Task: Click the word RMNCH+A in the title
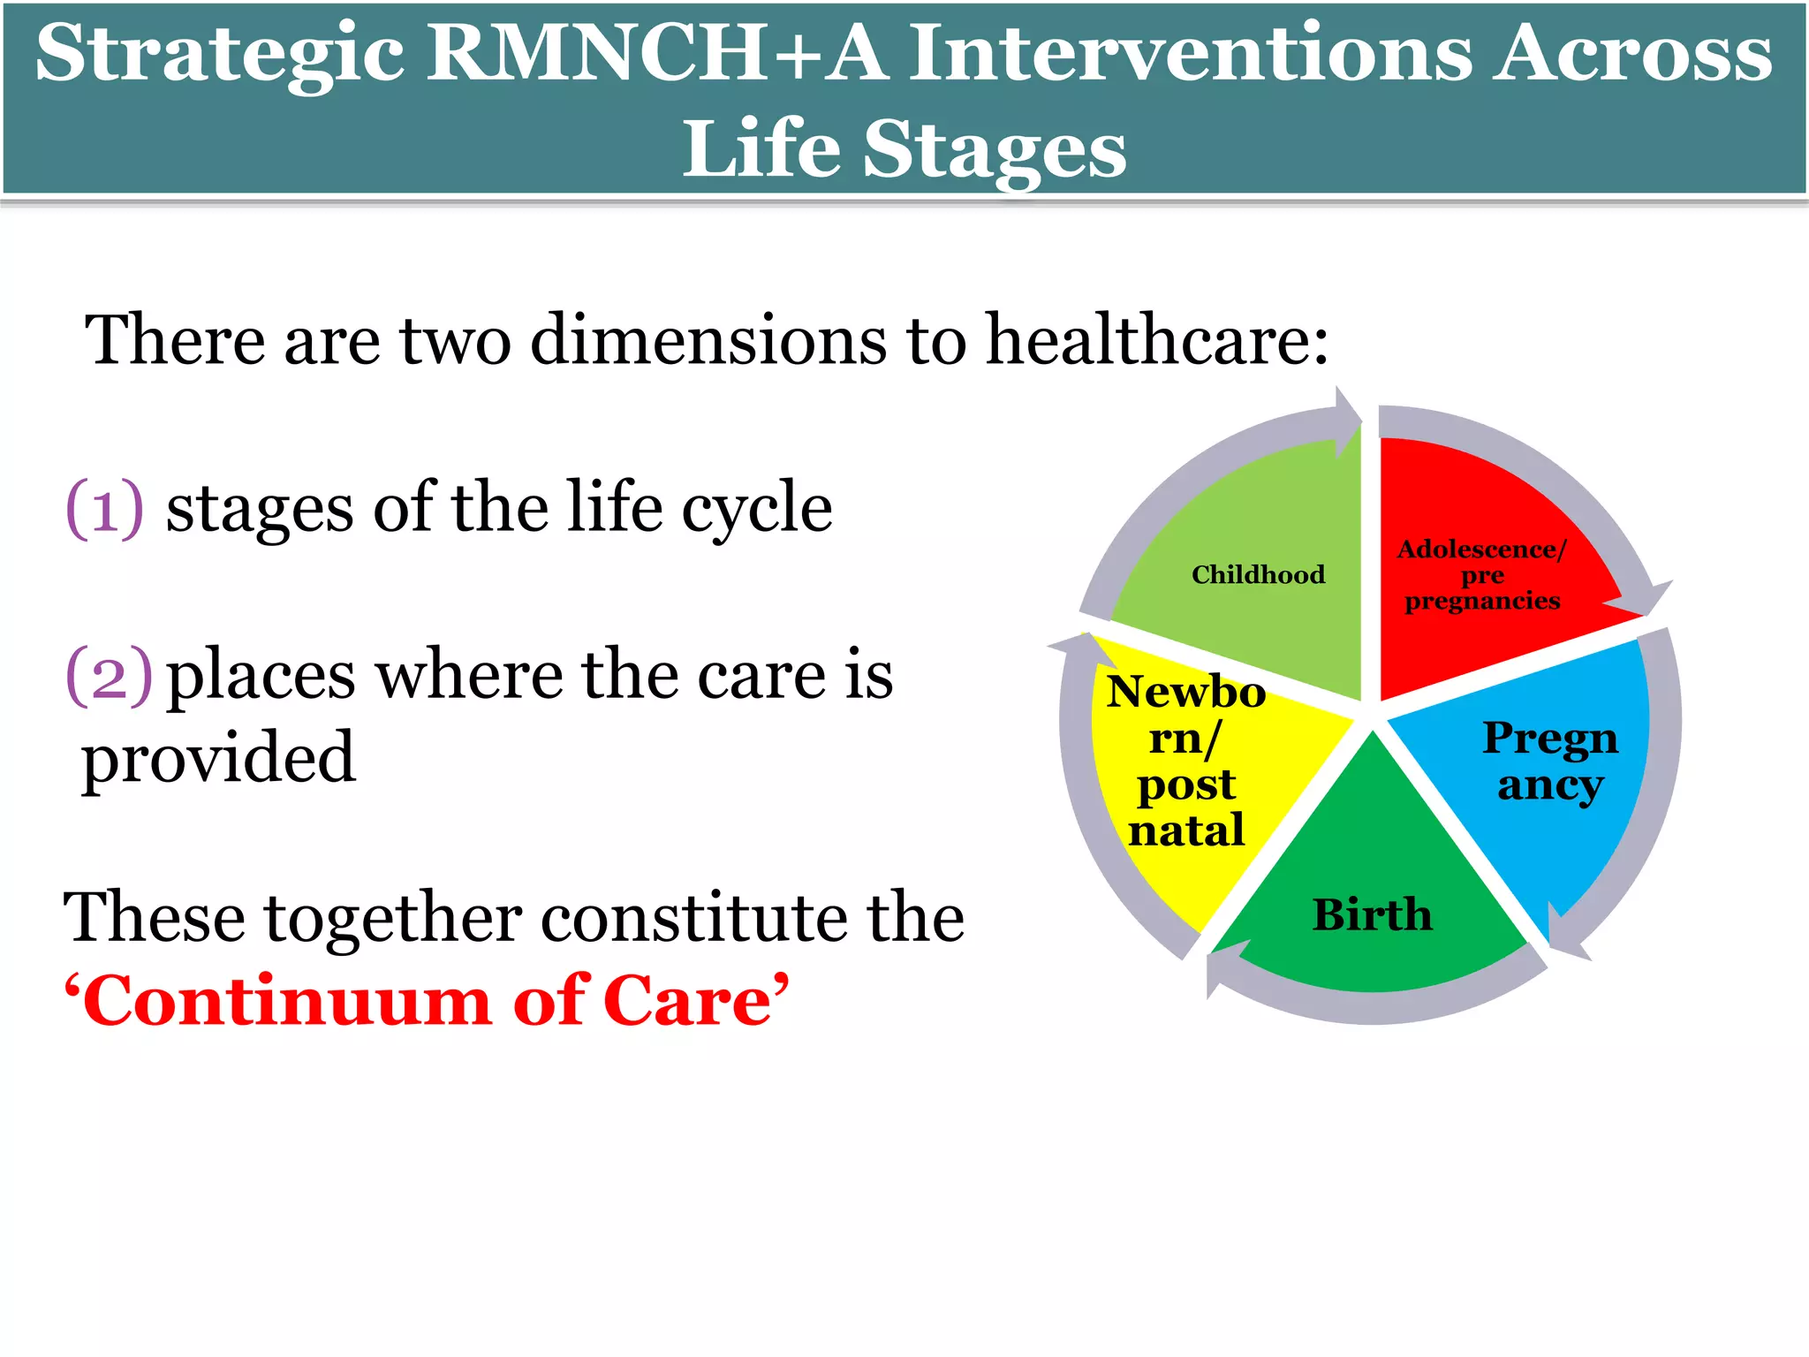657,53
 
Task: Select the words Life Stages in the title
904,148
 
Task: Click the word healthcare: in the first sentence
1157,340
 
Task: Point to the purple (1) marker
104,508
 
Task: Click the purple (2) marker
109,676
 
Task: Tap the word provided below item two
218,758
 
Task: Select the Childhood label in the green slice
1258,575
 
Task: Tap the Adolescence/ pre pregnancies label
1482,575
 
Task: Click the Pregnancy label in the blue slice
1550,761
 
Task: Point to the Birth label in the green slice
1372,914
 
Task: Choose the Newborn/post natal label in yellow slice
1186,761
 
